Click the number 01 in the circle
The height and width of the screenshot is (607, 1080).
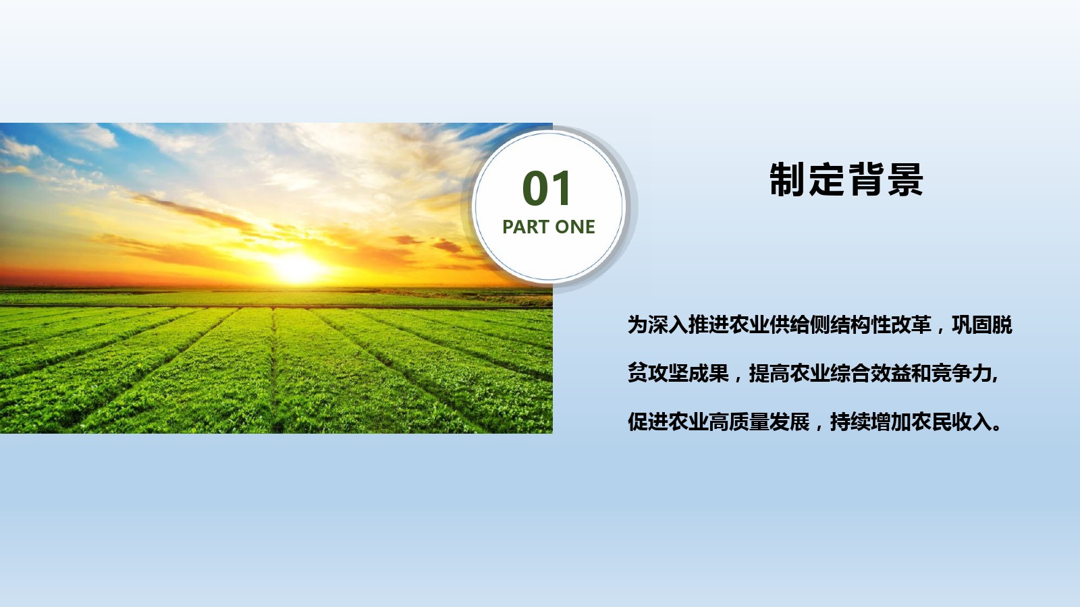click(x=546, y=188)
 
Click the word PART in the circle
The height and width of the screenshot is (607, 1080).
click(x=525, y=227)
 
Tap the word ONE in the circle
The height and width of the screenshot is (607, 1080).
click(x=574, y=227)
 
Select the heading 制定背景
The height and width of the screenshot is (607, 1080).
click(x=846, y=179)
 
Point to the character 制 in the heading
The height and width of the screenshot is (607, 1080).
click(x=788, y=179)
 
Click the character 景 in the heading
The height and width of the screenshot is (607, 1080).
click(x=905, y=179)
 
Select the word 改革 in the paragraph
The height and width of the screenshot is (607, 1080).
click(x=911, y=324)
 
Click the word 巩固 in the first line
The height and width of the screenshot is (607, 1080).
click(x=972, y=324)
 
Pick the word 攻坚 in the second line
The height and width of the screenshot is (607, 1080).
click(x=668, y=373)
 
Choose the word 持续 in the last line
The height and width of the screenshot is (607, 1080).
click(x=850, y=422)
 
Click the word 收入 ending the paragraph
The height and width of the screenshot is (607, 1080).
click(x=971, y=422)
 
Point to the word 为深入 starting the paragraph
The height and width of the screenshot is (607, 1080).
click(x=657, y=324)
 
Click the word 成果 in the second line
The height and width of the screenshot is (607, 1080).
click(x=708, y=373)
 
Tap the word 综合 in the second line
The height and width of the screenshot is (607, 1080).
click(x=850, y=373)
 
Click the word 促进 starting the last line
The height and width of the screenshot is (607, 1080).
click(x=647, y=422)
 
